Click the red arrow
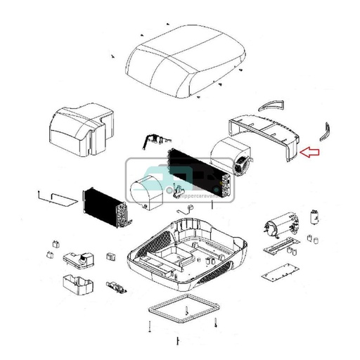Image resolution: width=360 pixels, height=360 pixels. point(310,150)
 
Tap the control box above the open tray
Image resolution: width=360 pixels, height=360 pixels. point(79,258)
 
